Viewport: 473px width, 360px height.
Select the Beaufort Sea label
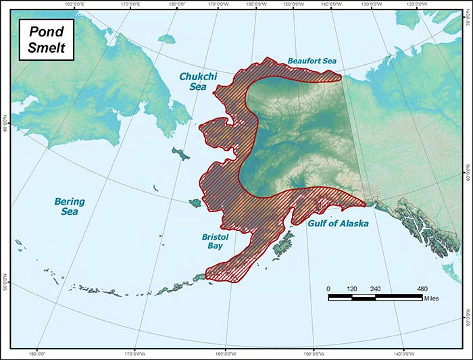311,60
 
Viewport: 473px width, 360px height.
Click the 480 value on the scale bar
422,288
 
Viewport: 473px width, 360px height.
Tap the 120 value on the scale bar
351,288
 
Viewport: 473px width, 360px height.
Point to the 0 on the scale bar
328,288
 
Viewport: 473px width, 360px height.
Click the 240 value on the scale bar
375,288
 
